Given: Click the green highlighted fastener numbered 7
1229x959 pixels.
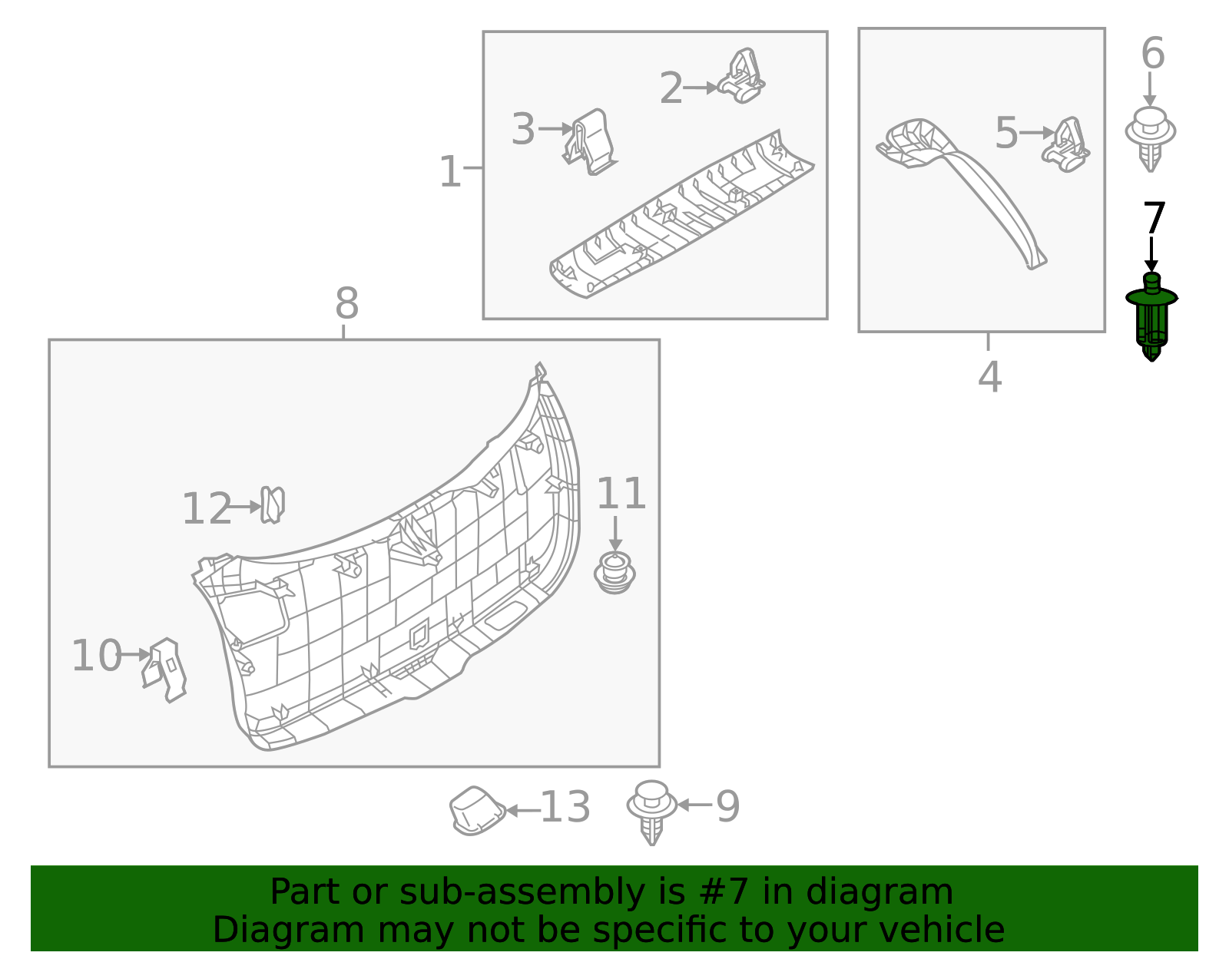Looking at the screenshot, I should [1151, 316].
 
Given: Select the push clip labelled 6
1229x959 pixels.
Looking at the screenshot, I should [1150, 138].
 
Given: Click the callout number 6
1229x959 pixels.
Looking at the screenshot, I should [1152, 54].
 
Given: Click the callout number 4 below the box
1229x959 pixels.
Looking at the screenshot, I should [989, 377].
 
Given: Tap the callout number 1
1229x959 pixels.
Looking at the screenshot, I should [449, 172].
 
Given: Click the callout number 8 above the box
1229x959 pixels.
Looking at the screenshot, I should [346, 304].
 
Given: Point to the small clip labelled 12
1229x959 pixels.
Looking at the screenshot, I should [272, 504].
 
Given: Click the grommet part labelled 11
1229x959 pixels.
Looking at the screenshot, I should [614, 574].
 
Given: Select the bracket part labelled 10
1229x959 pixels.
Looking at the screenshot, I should [166, 669].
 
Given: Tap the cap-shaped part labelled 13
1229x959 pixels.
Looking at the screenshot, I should [477, 811].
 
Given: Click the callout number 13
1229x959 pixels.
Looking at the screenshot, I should [565, 808].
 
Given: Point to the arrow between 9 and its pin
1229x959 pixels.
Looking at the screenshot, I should [694, 805].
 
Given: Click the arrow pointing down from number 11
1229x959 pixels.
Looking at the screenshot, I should [614, 533].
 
